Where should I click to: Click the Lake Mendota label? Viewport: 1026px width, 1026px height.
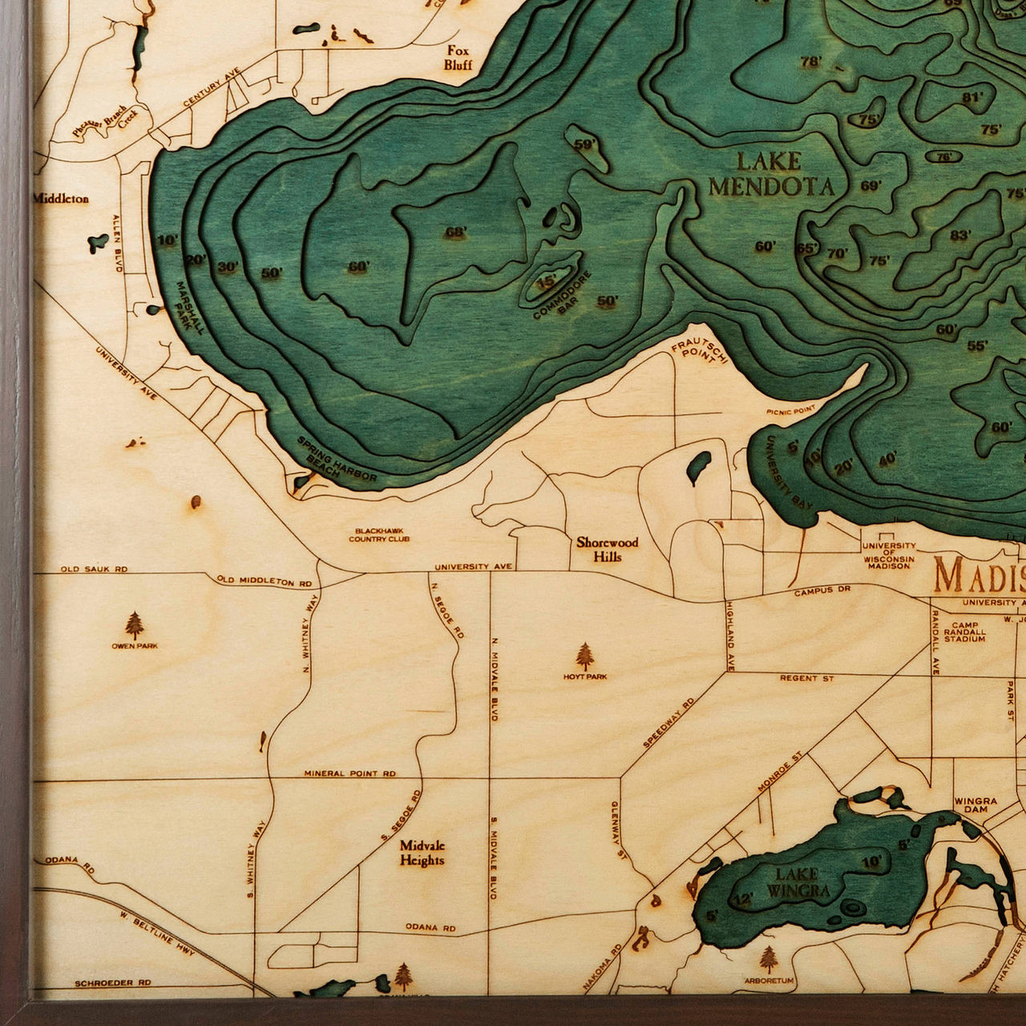[770, 174]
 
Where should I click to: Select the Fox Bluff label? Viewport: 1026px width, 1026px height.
[459, 58]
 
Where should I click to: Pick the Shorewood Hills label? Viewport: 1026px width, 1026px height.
[608, 549]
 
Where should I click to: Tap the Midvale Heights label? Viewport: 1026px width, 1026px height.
[422, 853]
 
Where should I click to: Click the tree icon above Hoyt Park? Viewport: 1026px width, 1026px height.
[586, 656]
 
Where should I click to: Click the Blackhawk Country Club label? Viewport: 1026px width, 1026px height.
[379, 535]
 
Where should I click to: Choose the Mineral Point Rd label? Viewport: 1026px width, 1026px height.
[349, 774]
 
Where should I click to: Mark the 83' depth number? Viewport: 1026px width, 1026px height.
[960, 235]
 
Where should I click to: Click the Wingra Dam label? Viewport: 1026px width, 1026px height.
[976, 806]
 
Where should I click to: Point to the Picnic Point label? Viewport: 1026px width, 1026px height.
[790, 410]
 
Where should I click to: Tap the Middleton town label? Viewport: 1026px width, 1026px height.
[61, 198]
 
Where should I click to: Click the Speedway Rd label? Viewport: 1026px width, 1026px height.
[668, 724]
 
